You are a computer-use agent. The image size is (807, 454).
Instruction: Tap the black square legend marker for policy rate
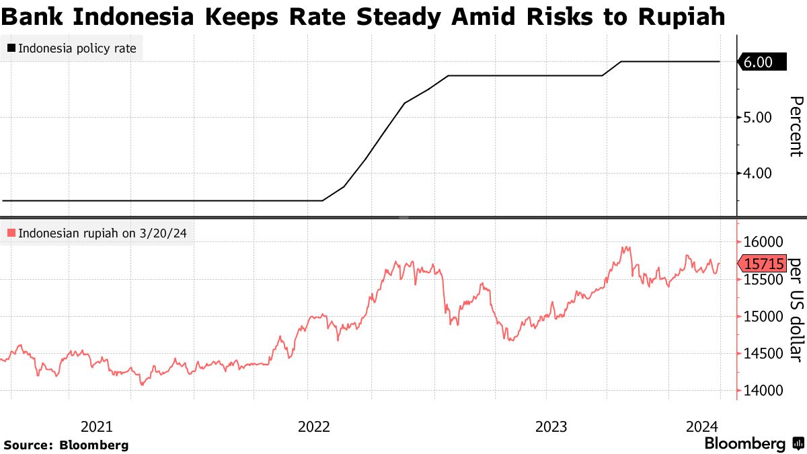11,48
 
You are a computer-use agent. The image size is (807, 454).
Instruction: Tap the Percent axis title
795,126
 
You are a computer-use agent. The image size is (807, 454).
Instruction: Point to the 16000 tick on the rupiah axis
763,242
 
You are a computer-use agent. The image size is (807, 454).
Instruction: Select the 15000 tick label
763,317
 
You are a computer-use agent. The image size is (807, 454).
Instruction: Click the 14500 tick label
763,354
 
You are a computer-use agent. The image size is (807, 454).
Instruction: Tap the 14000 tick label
763,391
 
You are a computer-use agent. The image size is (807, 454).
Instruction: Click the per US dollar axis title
795,309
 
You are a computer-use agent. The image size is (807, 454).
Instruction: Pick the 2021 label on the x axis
96,426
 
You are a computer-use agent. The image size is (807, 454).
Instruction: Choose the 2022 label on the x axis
313,426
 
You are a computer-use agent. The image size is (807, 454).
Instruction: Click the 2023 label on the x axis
551,426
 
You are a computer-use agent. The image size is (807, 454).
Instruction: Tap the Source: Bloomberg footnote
66,445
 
